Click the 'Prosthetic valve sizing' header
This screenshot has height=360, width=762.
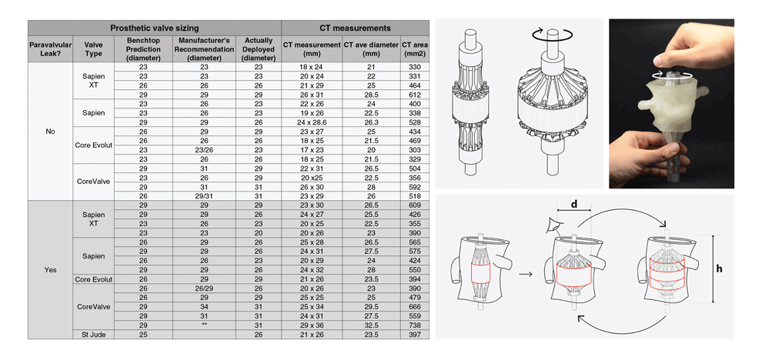point(154,28)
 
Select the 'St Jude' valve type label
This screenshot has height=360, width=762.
point(93,334)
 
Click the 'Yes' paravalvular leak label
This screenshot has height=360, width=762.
point(51,269)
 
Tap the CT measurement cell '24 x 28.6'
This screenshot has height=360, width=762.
point(311,123)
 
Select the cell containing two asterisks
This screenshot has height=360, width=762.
point(204,325)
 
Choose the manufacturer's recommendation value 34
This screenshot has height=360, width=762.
point(204,307)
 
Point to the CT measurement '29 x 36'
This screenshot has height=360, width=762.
point(311,325)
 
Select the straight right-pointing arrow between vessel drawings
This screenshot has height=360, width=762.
point(526,272)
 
